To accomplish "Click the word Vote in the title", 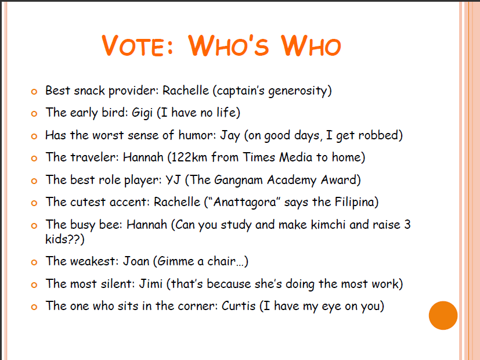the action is pyautogui.click(x=138, y=46).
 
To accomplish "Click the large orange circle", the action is pyautogui.click(x=443, y=315).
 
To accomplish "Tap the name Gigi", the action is pyautogui.click(x=142, y=113).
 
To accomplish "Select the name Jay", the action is pyautogui.click(x=230, y=135).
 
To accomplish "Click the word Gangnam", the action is pyautogui.click(x=238, y=181).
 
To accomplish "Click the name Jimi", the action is pyautogui.click(x=150, y=284).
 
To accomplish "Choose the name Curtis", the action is pyautogui.click(x=239, y=306).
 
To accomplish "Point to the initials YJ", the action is pyautogui.click(x=173, y=179).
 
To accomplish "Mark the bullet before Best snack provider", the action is pyautogui.click(x=34, y=92).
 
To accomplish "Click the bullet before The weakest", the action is pyautogui.click(x=34, y=262).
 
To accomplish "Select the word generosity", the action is pyautogui.click(x=297, y=91).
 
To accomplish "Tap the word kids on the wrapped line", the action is pyautogui.click(x=56, y=239).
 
